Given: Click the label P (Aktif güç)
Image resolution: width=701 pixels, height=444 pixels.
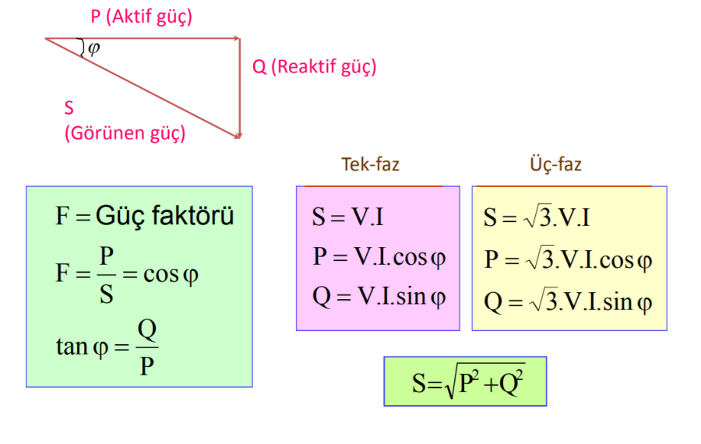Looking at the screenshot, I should coord(141,17).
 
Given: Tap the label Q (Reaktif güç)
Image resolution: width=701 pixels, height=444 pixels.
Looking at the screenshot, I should coord(314,67).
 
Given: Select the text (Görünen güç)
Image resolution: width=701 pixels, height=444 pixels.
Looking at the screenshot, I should coord(125,133).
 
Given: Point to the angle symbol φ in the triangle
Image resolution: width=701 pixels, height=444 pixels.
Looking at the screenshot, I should coord(94,48).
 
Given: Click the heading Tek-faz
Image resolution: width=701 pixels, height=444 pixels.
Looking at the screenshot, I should coord(370,164).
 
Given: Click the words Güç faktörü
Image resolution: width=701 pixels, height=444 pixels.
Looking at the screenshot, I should coord(164,216).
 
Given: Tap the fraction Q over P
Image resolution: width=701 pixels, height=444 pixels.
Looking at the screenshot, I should coord(146,347).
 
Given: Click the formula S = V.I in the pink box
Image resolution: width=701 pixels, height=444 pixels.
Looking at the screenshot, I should coord(347,217).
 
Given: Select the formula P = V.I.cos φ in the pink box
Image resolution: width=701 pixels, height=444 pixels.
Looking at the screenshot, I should coord(379,257).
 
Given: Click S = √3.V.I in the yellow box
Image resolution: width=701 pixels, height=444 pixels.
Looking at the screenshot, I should coord(536,217).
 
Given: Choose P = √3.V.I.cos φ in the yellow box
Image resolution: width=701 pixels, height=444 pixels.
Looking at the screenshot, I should coord(567,259).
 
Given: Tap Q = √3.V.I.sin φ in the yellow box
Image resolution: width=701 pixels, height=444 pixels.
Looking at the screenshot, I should coord(567,301).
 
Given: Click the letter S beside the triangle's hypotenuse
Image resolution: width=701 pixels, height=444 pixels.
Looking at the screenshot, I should coord(69,108).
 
